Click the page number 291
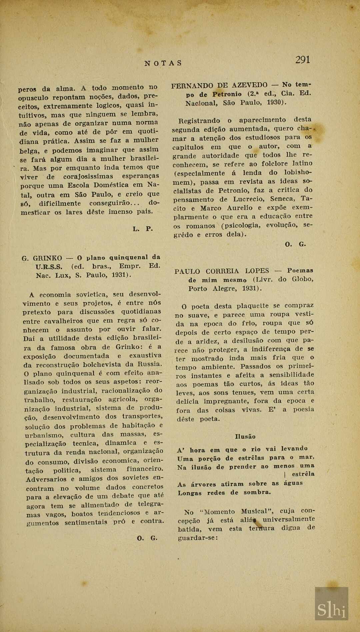[x=303, y=60]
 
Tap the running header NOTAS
[x=163, y=63]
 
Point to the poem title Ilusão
[x=245, y=437]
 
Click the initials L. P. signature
[x=143, y=229]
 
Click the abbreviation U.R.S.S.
[x=49, y=267]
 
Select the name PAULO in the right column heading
[x=187, y=271]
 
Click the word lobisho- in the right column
[x=298, y=172]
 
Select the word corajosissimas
[x=88, y=176]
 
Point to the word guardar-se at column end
[x=198, y=538]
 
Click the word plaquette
[x=252, y=306]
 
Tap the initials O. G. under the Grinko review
[x=147, y=538]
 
